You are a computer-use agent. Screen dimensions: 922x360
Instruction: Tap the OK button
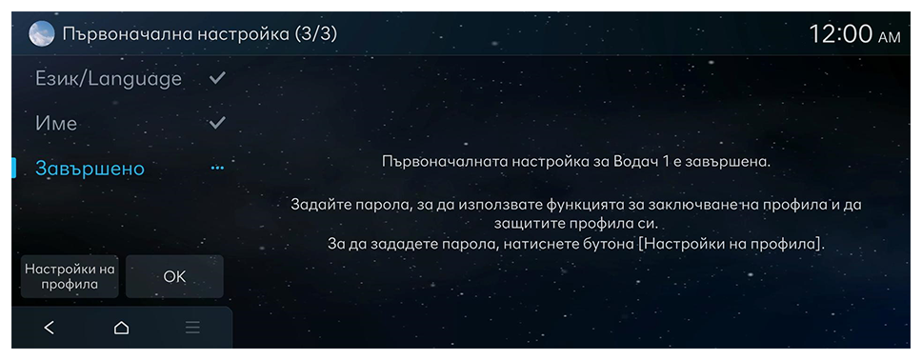(174, 276)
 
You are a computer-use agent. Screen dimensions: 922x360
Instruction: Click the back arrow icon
(50, 328)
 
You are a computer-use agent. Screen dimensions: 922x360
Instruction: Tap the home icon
(121, 328)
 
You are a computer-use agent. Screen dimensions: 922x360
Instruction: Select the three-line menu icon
(192, 328)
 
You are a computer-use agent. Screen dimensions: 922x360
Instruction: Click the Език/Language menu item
(109, 79)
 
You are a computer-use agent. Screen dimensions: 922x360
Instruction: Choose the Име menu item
(56, 124)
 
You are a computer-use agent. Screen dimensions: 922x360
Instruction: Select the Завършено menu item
(90, 169)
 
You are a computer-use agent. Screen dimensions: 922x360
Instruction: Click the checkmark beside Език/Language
(217, 78)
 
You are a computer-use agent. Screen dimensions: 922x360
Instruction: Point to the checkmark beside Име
(217, 122)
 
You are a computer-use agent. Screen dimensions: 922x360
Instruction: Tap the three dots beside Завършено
(217, 169)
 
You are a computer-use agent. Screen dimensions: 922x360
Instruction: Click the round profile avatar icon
(42, 34)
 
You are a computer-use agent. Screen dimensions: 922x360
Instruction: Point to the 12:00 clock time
(841, 34)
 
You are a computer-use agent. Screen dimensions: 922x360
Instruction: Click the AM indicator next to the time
(889, 38)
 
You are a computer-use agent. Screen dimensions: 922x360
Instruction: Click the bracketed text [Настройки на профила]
(731, 244)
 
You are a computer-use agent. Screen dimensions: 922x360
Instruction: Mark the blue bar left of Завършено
(13, 169)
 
